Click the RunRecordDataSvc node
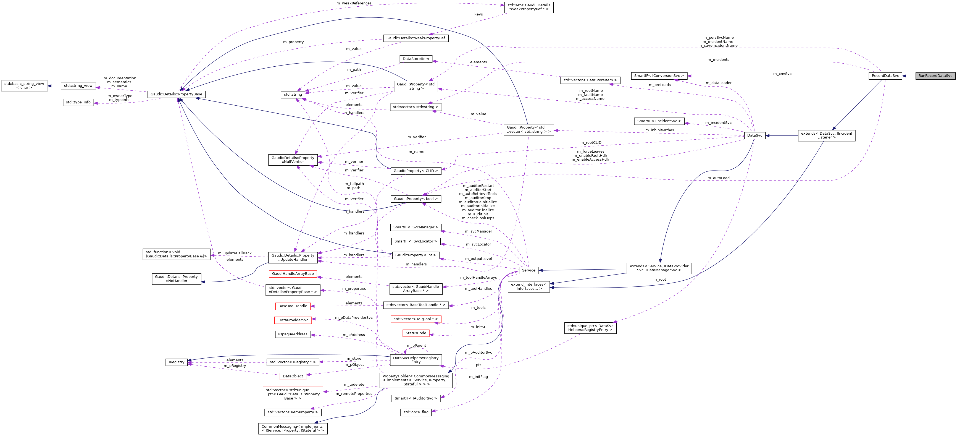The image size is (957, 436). point(935,76)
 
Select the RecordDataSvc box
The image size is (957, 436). point(885,76)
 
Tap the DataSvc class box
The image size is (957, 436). point(754,136)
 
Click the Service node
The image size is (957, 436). point(528,271)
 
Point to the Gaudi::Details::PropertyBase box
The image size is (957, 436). point(177,94)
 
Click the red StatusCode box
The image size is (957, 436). point(416,333)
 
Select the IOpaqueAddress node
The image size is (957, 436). point(293,335)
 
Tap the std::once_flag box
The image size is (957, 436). point(416,412)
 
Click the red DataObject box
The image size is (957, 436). point(293,377)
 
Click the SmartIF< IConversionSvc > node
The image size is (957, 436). point(659,76)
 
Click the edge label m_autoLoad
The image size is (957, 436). point(718,178)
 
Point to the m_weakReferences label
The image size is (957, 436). point(354,3)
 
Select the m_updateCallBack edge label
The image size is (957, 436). point(235,254)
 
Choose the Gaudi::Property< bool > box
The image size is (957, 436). point(416,199)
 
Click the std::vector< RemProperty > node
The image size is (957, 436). point(293,412)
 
